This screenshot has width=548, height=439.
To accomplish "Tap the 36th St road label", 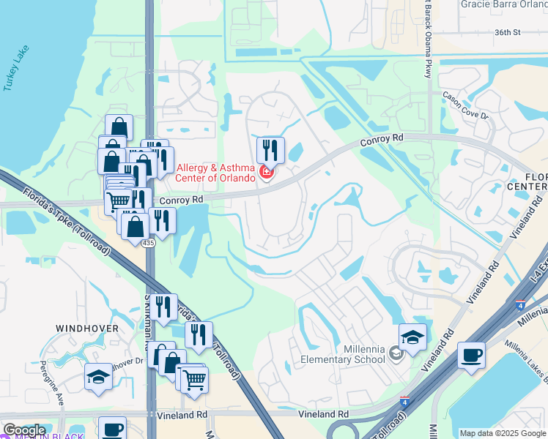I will coord(506,32).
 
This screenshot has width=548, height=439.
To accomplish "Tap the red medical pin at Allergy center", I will coord(267,173).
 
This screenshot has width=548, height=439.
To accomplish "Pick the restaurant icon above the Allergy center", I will coord(270,150).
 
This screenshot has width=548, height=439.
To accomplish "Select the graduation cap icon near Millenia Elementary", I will coord(412,337).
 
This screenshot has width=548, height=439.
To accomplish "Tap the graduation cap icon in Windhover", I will coord(98,376).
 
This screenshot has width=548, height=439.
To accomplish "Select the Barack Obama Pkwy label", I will coord(427,37).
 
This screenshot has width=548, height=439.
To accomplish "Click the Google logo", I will coord(23,430).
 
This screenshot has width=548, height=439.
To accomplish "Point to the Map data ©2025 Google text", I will coord(503,433).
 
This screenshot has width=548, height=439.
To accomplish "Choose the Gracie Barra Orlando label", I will coord(503,4).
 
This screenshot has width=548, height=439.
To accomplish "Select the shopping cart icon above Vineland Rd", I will coord(194,379).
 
